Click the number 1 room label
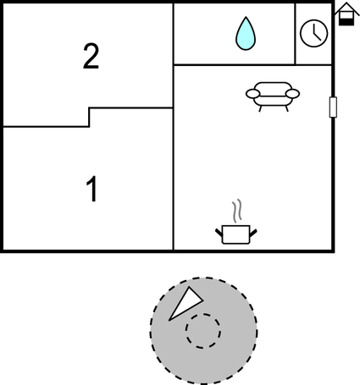pyautogui.click(x=92, y=189)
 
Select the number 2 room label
pyautogui.click(x=91, y=56)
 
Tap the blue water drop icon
pyautogui.click(x=246, y=33)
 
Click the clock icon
pyautogui.click(x=313, y=33)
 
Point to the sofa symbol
pyautogui.click(x=273, y=96)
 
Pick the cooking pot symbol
pyautogui.click(x=236, y=234)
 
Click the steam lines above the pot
pyautogui.click(x=237, y=211)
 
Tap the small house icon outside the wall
pyautogui.click(x=346, y=14)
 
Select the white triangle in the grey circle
pyautogui.click(x=185, y=304)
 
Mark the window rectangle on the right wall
pyautogui.click(x=333, y=107)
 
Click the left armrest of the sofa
pyautogui.click(x=253, y=94)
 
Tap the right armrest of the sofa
pyautogui.click(x=292, y=94)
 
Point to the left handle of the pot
pyautogui.click(x=219, y=233)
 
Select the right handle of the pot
pyautogui.click(x=253, y=233)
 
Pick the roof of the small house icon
pyautogui.click(x=346, y=8)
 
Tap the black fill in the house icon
pyautogui.click(x=346, y=21)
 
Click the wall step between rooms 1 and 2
pyautogui.click(x=89, y=117)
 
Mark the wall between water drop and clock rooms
pyautogui.click(x=295, y=34)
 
